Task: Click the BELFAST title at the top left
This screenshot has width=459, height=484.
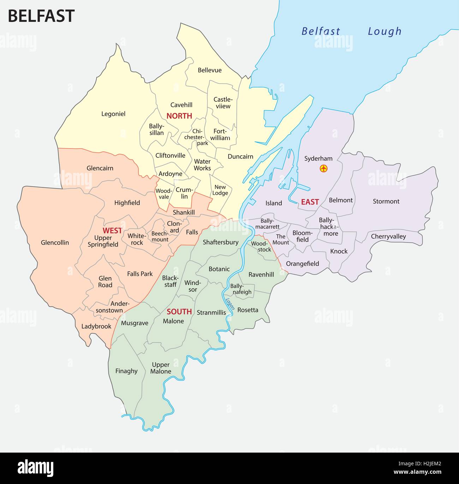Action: click(41, 16)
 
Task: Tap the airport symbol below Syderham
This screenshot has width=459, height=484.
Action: click(323, 169)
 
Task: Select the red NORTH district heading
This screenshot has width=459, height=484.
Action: click(179, 116)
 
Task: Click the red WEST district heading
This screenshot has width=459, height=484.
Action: click(112, 231)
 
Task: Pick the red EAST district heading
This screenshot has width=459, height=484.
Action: click(310, 202)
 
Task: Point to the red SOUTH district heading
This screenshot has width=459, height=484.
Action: click(179, 311)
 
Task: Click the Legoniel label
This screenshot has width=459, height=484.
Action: click(113, 114)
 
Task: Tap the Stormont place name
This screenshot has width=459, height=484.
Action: click(386, 201)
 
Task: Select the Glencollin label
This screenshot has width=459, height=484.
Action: click(55, 243)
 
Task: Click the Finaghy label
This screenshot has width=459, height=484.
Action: click(126, 371)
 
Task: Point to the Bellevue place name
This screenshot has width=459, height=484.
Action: click(210, 70)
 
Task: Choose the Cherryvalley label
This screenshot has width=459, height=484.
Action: click(388, 236)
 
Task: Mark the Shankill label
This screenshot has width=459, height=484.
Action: click(184, 212)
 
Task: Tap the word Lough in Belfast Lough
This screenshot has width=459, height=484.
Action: click(385, 31)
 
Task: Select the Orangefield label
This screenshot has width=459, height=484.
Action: click(302, 264)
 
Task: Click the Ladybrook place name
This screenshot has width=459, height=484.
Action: click(96, 326)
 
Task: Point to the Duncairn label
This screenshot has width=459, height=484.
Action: click(240, 157)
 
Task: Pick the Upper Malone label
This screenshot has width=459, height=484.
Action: click(161, 368)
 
